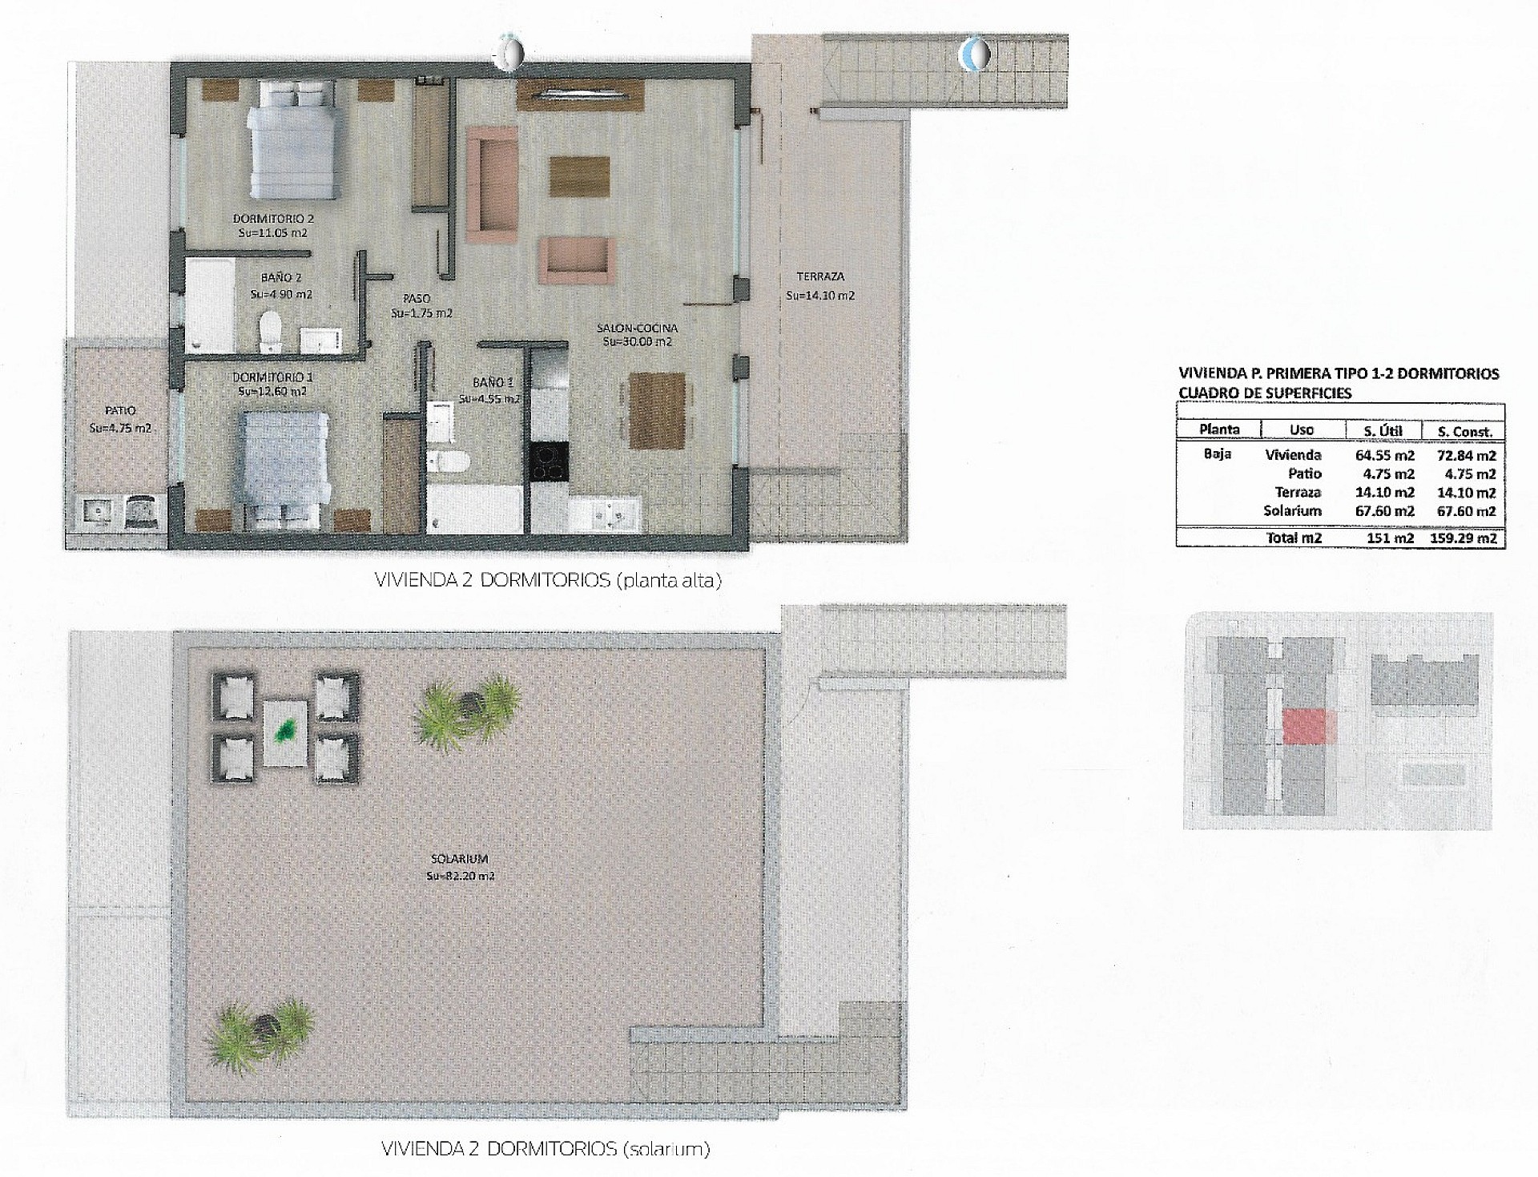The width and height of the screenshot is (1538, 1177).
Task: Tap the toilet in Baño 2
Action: (271, 331)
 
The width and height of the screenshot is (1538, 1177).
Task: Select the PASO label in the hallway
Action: (417, 299)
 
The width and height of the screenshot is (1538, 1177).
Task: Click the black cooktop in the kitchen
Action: (549, 462)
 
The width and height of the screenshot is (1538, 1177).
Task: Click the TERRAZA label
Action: (820, 277)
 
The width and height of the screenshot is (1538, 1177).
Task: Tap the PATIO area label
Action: (120, 411)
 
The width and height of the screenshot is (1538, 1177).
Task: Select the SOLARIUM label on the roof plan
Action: (460, 859)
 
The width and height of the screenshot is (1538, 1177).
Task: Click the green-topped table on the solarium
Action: (286, 734)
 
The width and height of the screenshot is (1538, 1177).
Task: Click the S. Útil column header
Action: (1383, 431)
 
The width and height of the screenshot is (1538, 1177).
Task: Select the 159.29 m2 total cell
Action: (1463, 538)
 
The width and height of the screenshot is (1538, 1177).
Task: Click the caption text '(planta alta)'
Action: (668, 582)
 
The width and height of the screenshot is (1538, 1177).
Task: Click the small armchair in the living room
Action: (575, 260)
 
